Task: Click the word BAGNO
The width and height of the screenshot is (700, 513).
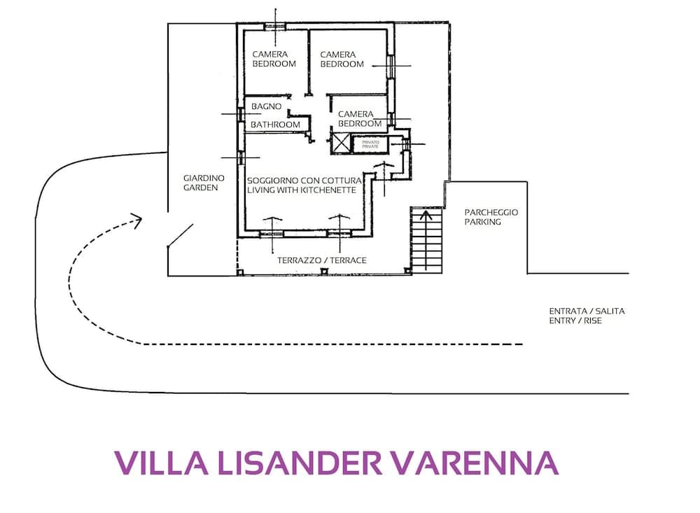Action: [x=266, y=106]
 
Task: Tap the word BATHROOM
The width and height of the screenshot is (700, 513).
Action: [x=275, y=125]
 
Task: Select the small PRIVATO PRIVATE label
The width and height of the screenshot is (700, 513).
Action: [x=370, y=144]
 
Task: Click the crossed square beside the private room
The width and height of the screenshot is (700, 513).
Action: [x=339, y=143]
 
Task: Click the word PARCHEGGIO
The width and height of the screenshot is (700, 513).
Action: [x=491, y=212]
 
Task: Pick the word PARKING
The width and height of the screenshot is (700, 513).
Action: [x=483, y=222]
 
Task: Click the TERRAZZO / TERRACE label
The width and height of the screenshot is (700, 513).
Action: [x=321, y=260]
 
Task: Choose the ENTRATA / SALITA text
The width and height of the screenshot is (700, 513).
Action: [x=587, y=311]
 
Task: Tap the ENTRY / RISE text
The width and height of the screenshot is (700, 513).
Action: [x=575, y=321]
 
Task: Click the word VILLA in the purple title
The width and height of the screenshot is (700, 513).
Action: [x=156, y=463]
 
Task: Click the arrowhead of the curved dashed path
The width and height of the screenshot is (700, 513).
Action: [x=137, y=220]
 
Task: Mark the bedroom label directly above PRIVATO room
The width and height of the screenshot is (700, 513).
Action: [x=360, y=118]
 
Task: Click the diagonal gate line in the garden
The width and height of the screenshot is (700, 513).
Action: [x=181, y=236]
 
